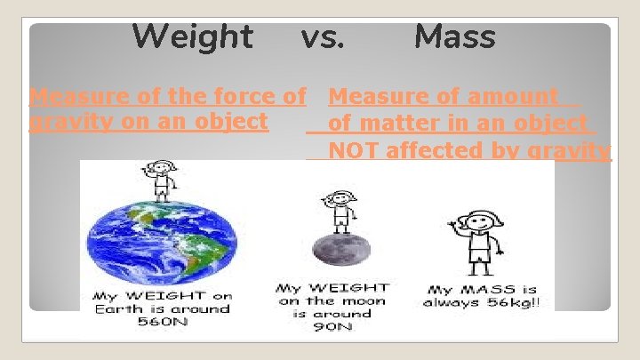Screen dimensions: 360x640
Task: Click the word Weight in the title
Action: [x=192, y=37]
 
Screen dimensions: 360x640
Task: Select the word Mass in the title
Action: [x=455, y=37]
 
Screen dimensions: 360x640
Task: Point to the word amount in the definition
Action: [x=516, y=96]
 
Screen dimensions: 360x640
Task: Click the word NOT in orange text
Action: [x=353, y=150]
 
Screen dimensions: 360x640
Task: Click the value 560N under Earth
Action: [x=161, y=321]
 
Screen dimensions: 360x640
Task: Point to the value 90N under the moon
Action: [x=332, y=327]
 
